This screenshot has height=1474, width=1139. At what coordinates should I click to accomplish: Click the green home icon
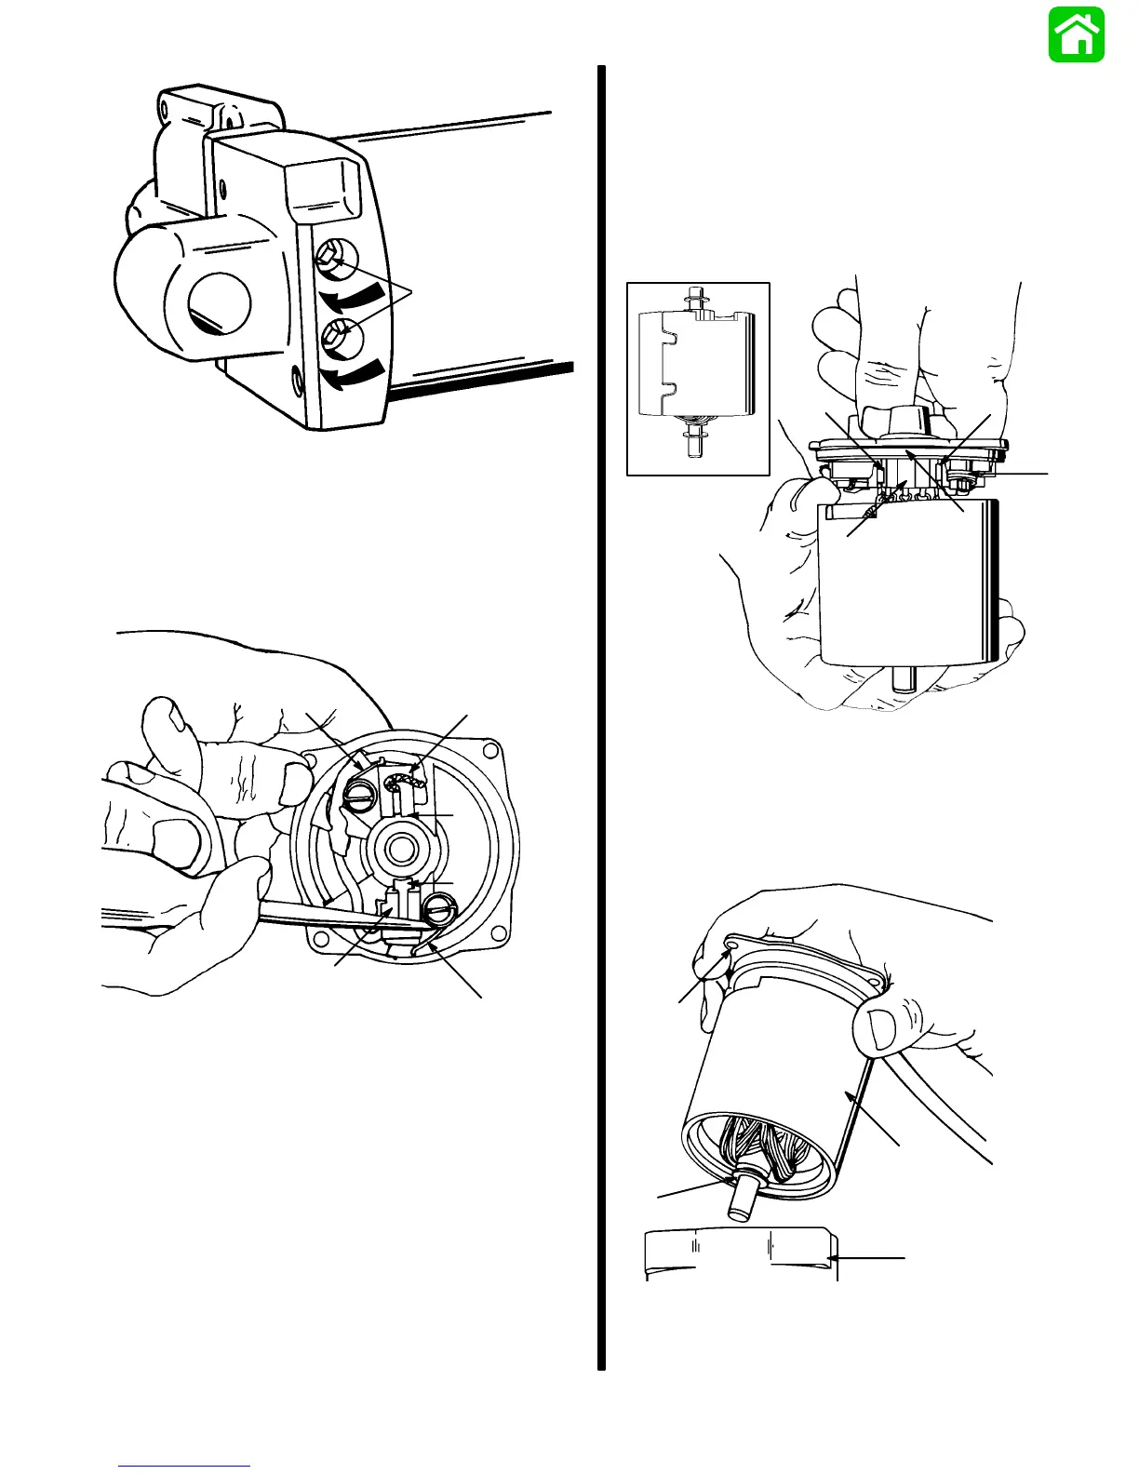1077,34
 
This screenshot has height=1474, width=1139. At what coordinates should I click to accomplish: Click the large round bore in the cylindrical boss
220,302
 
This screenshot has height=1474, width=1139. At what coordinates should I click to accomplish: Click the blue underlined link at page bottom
184,1466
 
